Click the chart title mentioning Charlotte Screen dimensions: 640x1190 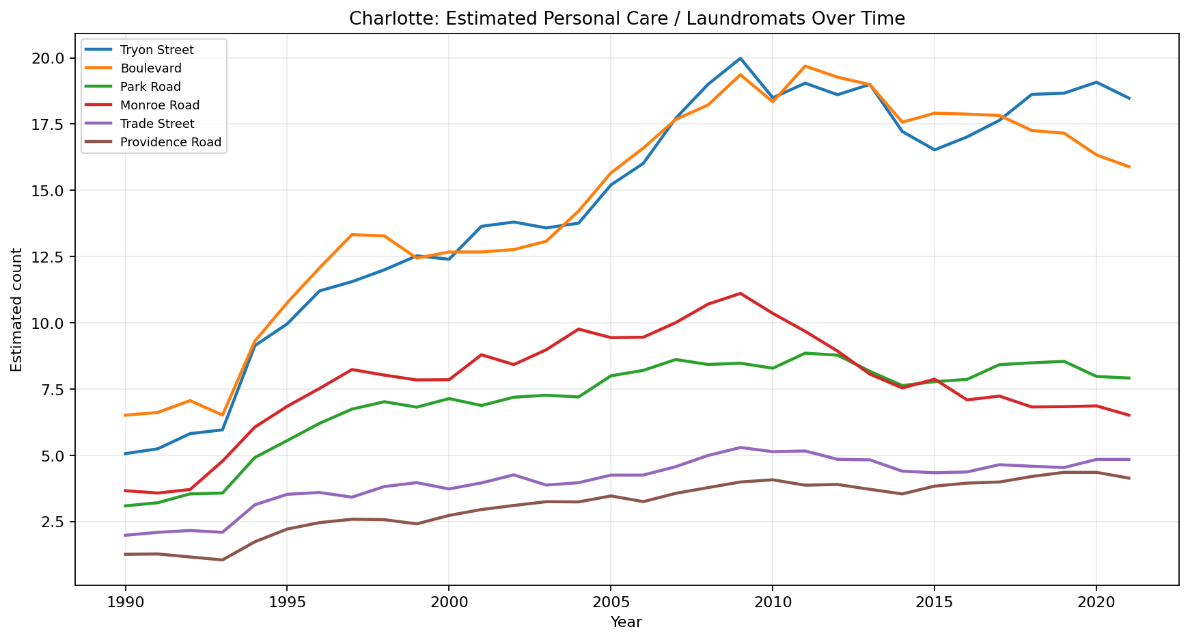pos(626,18)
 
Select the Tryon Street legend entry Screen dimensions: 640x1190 pos(156,50)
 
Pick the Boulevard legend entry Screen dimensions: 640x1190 pos(150,68)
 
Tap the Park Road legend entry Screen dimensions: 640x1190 pos(150,87)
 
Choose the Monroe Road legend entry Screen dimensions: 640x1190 pos(159,105)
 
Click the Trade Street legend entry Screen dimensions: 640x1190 pos(156,124)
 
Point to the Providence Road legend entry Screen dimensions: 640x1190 pos(170,142)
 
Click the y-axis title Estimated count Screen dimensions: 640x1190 pos(17,310)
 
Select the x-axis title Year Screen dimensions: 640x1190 pos(626,622)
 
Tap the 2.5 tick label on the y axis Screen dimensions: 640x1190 pos(52,522)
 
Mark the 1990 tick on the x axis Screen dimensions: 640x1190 pos(125,602)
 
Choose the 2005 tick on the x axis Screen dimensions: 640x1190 pos(610,602)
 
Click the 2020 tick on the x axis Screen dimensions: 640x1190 pos(1096,602)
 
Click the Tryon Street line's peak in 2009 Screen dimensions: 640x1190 pos(740,58)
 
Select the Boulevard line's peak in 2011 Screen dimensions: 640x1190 pos(805,66)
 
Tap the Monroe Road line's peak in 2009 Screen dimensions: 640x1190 pos(740,293)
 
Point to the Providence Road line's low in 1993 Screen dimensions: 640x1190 pos(222,560)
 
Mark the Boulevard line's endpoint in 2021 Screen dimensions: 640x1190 pos(1129,167)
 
